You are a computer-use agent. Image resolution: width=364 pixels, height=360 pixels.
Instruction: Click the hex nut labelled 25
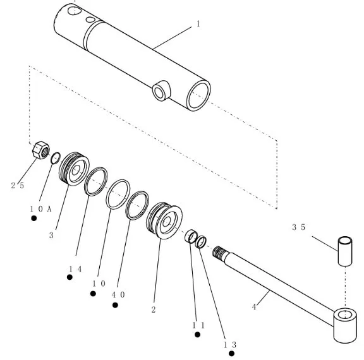coord(41,150)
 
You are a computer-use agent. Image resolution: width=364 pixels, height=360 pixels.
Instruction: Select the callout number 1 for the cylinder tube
coord(198,23)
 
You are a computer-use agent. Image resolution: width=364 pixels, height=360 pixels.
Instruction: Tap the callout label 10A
coord(40,209)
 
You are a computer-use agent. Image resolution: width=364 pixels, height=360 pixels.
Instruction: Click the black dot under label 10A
coord(34,219)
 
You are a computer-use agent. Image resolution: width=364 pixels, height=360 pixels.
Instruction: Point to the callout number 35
coord(298,227)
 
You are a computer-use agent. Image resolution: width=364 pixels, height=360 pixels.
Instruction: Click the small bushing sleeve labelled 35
coord(345,251)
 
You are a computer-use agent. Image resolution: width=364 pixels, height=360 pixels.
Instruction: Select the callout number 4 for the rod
coord(254,307)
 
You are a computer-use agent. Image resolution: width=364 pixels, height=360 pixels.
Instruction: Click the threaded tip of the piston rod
coord(217,251)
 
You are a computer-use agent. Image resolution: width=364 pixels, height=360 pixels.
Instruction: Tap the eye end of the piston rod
coord(345,325)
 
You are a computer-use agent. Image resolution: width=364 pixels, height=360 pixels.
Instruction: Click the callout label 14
coord(75,269)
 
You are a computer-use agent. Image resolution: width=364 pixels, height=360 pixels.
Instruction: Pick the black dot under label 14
coord(70,277)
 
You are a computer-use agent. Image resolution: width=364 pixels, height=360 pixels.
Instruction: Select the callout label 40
coord(118,294)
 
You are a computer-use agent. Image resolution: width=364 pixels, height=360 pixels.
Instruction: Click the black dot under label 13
coord(231,354)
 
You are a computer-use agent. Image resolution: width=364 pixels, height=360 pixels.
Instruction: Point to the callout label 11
coord(198,326)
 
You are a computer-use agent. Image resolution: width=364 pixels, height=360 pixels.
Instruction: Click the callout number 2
coord(154,309)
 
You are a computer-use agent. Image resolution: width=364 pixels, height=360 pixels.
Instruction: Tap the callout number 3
coord(51,235)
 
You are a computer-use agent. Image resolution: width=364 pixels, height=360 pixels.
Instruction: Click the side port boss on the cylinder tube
coord(162,91)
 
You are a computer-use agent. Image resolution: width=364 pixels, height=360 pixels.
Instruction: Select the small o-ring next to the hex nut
coord(56,158)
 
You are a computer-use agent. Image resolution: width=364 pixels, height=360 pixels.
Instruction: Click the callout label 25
coord(18,186)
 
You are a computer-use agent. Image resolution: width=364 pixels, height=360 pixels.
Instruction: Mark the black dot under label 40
coord(115,305)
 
